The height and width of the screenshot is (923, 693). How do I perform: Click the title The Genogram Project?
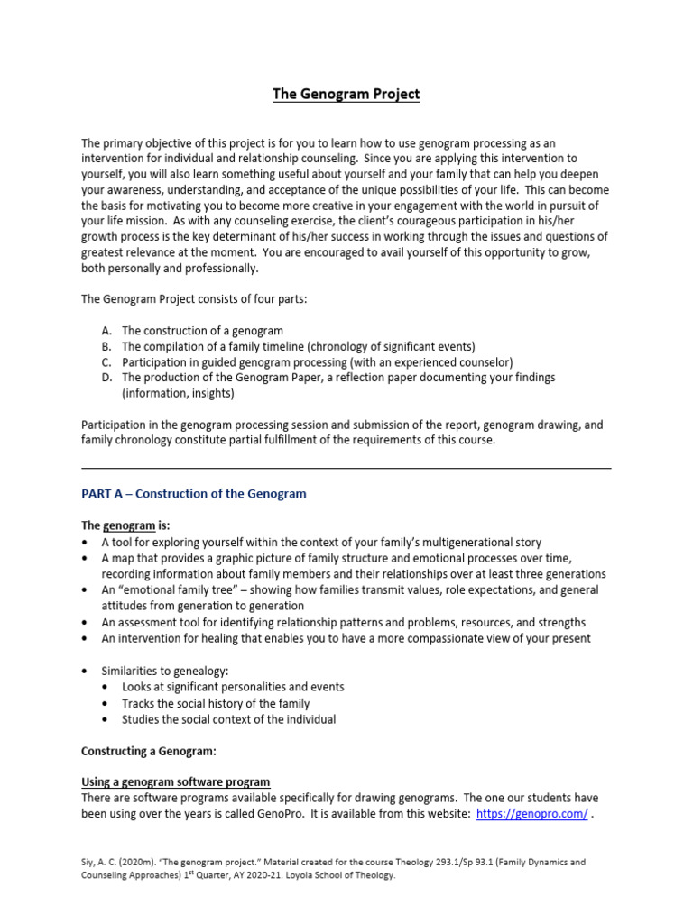(346, 94)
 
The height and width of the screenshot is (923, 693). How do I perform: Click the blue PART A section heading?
(194, 494)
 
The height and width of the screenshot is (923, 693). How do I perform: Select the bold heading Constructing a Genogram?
(149, 751)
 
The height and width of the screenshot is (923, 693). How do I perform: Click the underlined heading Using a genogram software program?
(176, 782)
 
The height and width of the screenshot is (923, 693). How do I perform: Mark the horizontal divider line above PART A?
(346, 468)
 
